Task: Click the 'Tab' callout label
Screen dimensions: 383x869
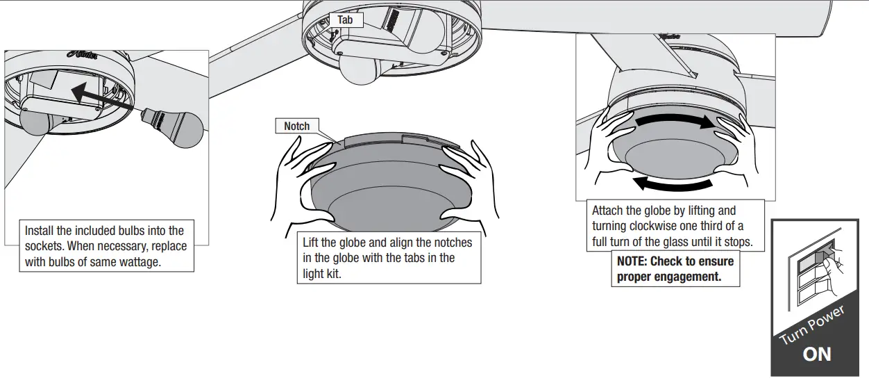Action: click(x=345, y=20)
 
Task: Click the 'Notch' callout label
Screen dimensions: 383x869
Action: click(x=296, y=126)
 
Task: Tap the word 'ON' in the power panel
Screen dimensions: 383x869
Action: click(x=816, y=355)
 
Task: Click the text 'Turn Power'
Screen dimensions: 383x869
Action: click(x=811, y=325)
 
